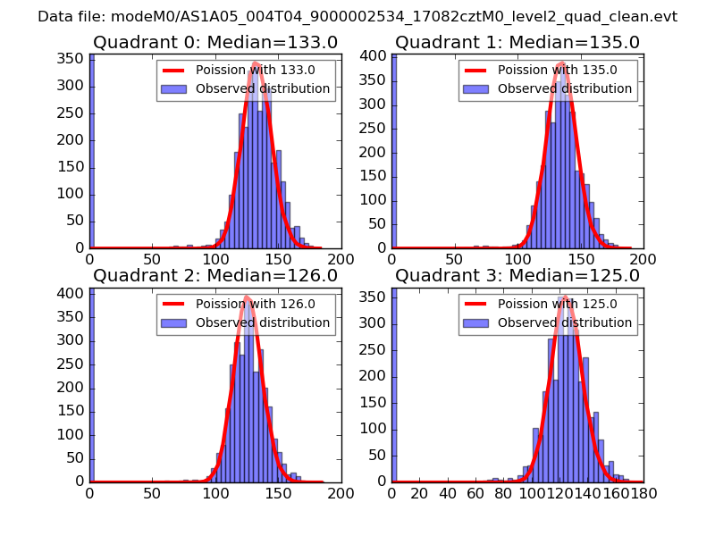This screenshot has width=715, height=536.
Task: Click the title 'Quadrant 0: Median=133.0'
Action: pos(214,43)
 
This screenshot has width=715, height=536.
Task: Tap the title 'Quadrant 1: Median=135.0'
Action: pos(517,43)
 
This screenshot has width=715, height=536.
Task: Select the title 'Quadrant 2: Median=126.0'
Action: pos(214,275)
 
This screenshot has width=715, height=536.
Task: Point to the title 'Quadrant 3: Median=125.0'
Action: pos(517,275)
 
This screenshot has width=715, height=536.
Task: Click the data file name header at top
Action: pos(357,16)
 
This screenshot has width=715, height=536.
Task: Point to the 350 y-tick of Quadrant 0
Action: pos(71,59)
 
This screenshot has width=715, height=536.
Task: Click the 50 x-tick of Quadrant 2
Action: pos(152,493)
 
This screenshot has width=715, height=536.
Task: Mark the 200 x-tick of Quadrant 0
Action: pos(341,260)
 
